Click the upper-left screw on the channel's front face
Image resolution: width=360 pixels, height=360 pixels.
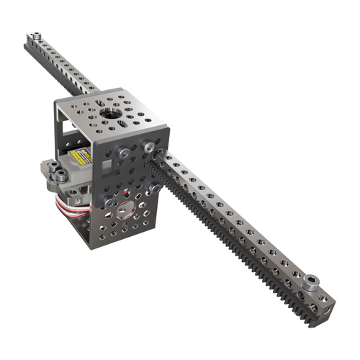pos(125,153)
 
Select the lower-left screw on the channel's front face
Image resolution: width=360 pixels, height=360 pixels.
pos(109,202)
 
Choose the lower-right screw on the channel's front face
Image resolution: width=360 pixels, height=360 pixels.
pos(154,189)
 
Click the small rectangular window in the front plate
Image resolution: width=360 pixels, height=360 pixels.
pos(106,167)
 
